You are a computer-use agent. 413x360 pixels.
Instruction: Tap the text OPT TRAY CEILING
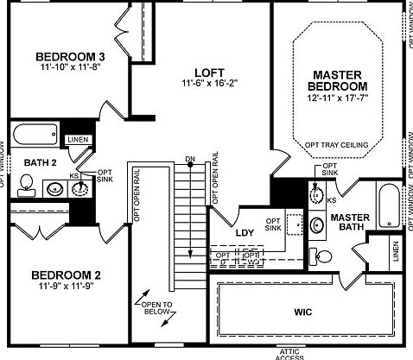point(338,144)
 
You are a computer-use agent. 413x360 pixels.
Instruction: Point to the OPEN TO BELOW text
point(156,309)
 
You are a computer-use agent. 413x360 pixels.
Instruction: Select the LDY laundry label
point(244,233)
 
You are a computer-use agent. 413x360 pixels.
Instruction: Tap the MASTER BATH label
point(351,222)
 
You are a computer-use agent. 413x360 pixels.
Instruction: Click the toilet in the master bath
point(322,255)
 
